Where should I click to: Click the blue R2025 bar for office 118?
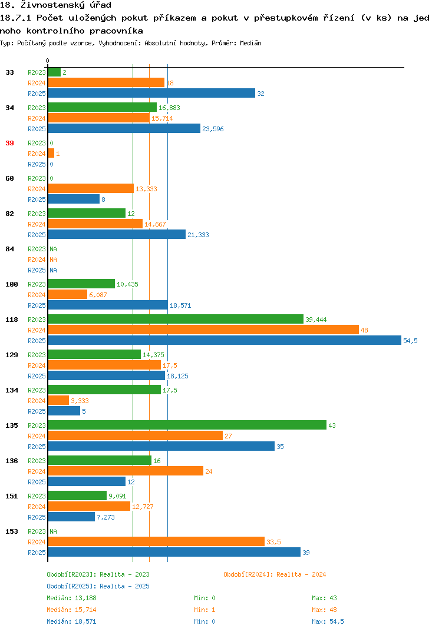225,341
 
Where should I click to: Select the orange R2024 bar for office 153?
156,542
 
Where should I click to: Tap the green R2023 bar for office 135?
187,425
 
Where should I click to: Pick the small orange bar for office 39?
51,154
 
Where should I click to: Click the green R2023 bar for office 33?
54,72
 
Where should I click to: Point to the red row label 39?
9,143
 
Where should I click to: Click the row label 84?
9,249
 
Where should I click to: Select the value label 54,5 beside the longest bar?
411,341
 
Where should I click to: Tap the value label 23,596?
213,129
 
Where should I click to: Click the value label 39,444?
316,320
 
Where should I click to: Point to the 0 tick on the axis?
47,61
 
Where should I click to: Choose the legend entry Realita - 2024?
275,574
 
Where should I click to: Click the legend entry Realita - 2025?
98,586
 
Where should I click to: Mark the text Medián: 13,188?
71,598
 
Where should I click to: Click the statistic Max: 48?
324,610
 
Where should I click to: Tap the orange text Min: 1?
204,610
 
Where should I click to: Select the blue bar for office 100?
108,305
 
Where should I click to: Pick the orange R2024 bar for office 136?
126,471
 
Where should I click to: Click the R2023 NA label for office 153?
53,531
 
